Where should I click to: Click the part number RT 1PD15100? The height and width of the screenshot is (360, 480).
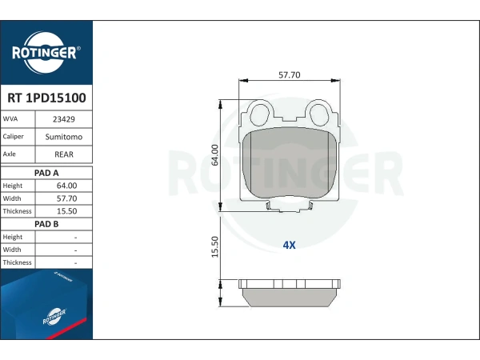click(46, 98)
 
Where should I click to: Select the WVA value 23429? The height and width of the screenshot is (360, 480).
click(64, 119)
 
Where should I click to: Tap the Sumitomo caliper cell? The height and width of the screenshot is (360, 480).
click(64, 137)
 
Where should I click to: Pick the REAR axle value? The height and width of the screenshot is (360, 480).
click(64, 154)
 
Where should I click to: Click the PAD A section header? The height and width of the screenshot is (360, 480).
click(46, 173)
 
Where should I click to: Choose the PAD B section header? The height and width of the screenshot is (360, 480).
click(46, 224)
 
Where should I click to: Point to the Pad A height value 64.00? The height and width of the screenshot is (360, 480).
click(66, 186)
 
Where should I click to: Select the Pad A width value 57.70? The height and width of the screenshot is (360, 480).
click(66, 198)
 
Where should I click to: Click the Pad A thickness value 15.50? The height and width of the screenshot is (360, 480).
click(66, 211)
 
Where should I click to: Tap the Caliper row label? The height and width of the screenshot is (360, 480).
click(13, 137)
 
